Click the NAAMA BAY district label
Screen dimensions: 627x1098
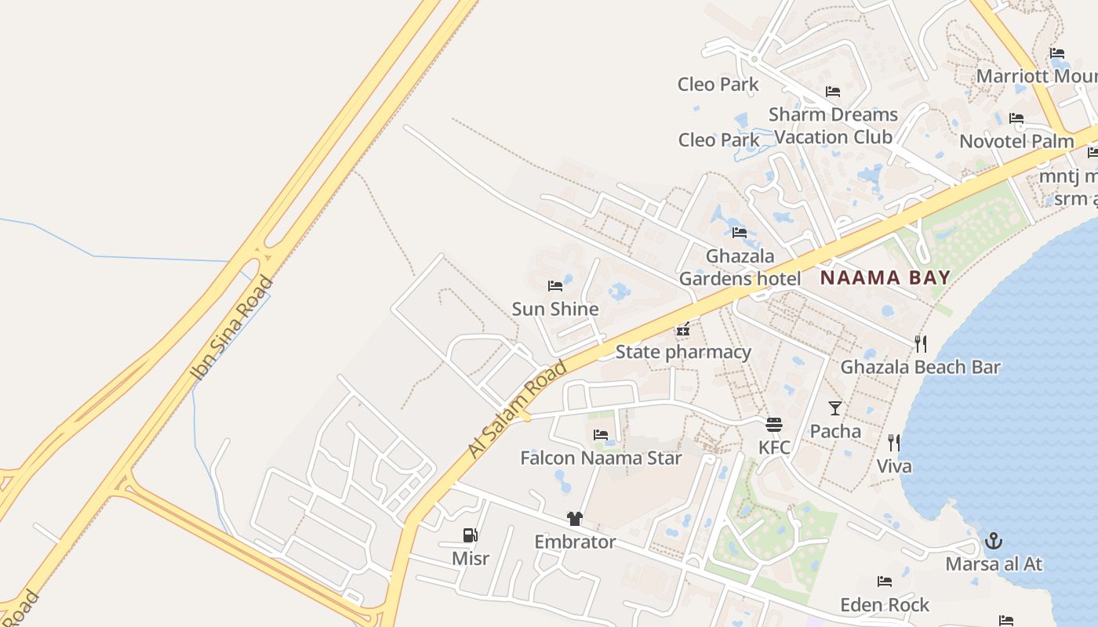click(x=885, y=277)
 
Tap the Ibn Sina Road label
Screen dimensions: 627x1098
click(x=232, y=329)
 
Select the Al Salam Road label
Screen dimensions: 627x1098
click(x=517, y=409)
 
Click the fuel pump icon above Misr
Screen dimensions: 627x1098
click(x=471, y=535)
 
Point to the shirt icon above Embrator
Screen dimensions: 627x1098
click(x=575, y=519)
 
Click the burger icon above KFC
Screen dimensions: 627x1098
click(x=774, y=425)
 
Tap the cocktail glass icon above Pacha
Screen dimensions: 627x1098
click(x=835, y=408)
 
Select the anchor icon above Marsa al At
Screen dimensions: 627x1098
click(x=994, y=541)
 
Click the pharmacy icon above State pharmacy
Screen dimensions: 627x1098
click(x=683, y=328)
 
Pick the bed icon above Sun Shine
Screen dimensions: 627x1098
click(x=555, y=286)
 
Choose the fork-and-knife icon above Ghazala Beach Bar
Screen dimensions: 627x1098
click(x=921, y=343)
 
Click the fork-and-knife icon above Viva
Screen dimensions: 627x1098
click(x=894, y=443)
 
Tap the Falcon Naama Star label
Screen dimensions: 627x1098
click(x=601, y=458)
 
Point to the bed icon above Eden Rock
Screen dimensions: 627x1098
click(x=885, y=582)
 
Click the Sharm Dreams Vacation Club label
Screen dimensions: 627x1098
click(x=833, y=125)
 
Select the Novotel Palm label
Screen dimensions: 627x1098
click(x=1016, y=142)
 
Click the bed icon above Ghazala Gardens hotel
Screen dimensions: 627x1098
click(x=740, y=233)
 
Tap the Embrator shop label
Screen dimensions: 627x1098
click(x=575, y=542)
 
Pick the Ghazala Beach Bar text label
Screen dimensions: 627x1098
click(x=921, y=367)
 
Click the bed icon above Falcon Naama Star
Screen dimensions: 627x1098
click(x=601, y=435)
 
